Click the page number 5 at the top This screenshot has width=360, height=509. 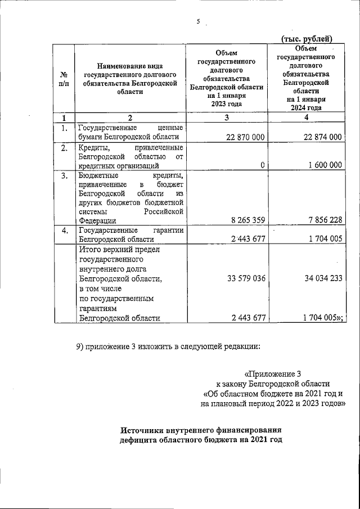point(198,22)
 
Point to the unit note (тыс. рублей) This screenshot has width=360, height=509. point(307,38)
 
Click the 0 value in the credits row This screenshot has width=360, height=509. point(263,165)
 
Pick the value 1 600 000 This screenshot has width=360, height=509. point(322,165)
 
